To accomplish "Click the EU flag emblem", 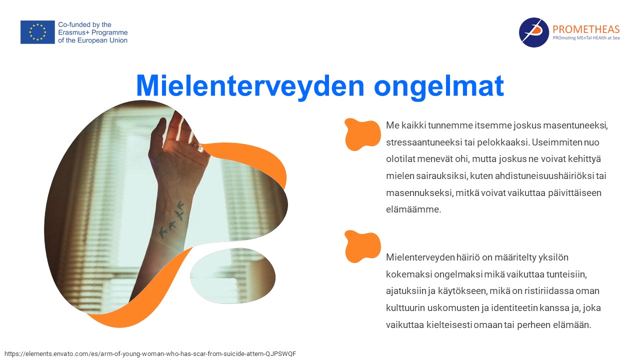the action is point(37,32).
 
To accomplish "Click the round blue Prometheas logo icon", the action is point(533,32).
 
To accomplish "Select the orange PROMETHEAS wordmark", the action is point(586,29).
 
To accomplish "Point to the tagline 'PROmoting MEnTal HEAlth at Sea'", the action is point(586,37).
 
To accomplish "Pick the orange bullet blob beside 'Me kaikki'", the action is point(362,134).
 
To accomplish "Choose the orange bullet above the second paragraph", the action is point(362,246).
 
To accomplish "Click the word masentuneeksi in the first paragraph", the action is point(575,125).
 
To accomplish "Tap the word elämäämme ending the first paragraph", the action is point(413,209).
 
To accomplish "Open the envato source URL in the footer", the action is point(150,353).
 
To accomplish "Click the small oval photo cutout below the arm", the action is point(233,276).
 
